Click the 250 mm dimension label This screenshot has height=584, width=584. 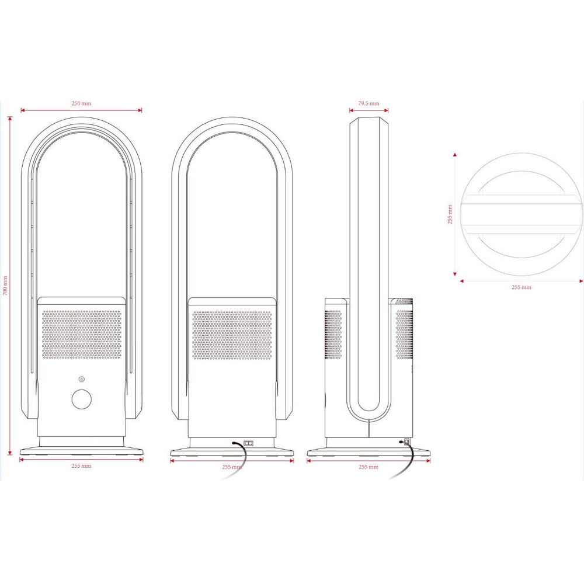(x=81, y=103)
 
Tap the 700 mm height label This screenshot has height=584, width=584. (x=5, y=286)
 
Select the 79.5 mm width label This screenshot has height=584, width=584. (x=369, y=103)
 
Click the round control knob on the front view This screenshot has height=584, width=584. (x=82, y=399)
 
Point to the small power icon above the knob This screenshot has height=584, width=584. (x=82, y=380)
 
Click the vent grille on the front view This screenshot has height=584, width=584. (x=82, y=335)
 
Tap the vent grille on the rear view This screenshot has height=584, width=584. (x=232, y=335)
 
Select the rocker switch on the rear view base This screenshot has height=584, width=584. (x=248, y=444)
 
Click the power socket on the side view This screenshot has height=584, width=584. (x=406, y=442)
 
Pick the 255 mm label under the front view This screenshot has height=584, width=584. (x=81, y=466)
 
